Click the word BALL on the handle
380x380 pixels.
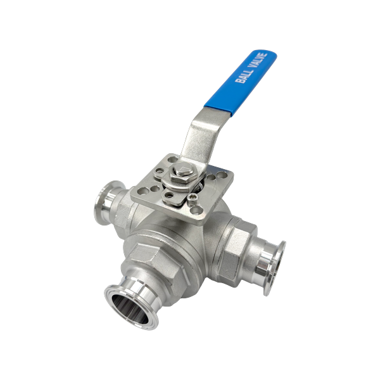coord(244,74)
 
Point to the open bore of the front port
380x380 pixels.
coord(130,309)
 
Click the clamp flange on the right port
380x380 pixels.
coord(275,269)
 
